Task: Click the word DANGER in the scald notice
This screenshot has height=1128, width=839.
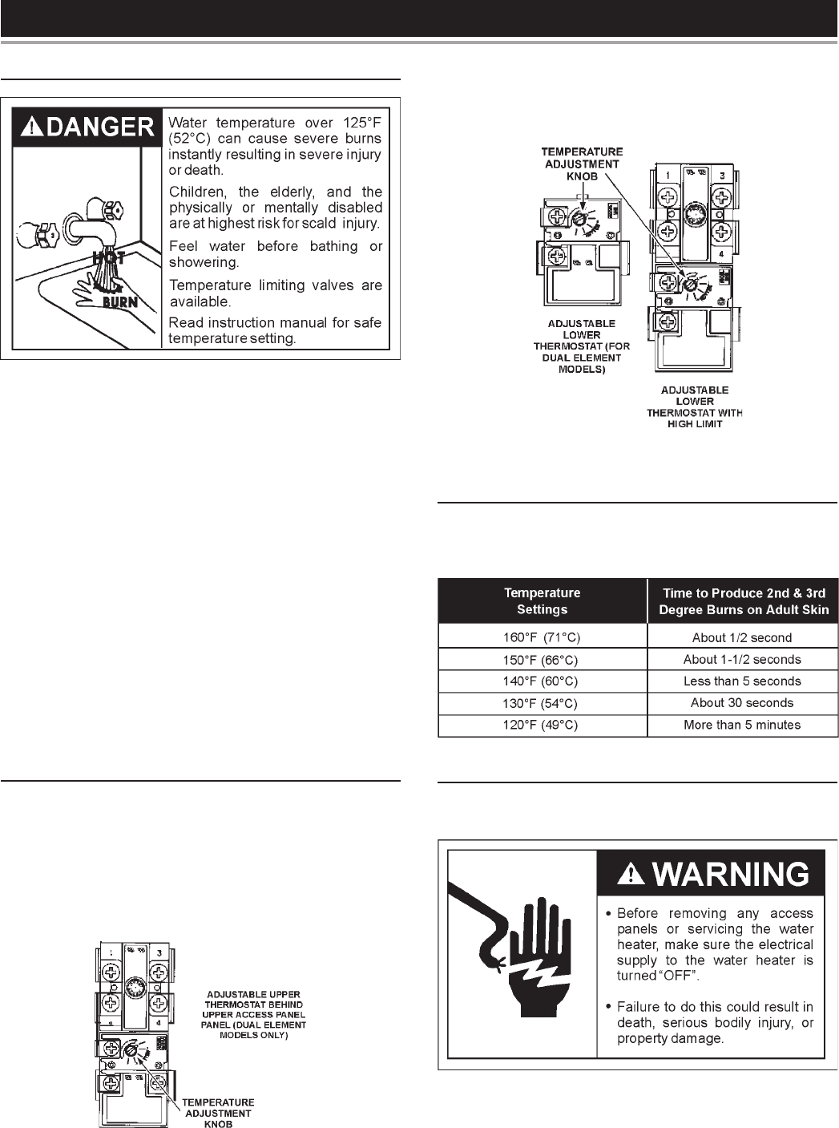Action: [99, 127]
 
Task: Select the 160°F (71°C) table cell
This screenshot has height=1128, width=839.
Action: [542, 638]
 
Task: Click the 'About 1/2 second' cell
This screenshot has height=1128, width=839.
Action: [742, 638]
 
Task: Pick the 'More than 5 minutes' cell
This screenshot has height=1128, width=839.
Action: [742, 725]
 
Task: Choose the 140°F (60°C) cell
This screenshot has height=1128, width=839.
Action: [542, 681]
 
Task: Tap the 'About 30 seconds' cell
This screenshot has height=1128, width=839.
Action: [742, 703]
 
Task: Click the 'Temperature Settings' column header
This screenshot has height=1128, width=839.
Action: [542, 601]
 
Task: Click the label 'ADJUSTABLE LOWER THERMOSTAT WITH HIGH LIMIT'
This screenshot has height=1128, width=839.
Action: [695, 406]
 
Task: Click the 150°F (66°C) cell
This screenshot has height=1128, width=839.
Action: [542, 660]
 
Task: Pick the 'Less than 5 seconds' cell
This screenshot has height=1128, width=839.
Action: [742, 681]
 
